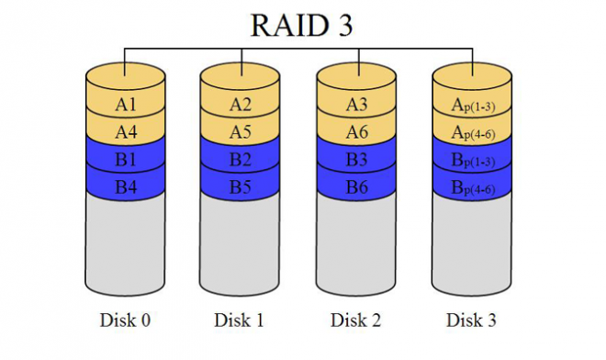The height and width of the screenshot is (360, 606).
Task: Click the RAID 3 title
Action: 302,24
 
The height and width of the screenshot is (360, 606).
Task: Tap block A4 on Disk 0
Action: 125,131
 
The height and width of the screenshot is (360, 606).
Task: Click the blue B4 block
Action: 125,186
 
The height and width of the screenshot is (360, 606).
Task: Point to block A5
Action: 241,131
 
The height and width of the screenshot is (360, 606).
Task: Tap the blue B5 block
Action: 241,186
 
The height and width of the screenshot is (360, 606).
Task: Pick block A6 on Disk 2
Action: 356,131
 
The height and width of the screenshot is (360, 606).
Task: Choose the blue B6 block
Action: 356,186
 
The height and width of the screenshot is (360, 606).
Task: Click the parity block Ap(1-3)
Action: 472,104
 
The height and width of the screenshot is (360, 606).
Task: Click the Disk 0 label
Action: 125,321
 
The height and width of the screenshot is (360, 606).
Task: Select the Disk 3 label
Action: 472,321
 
